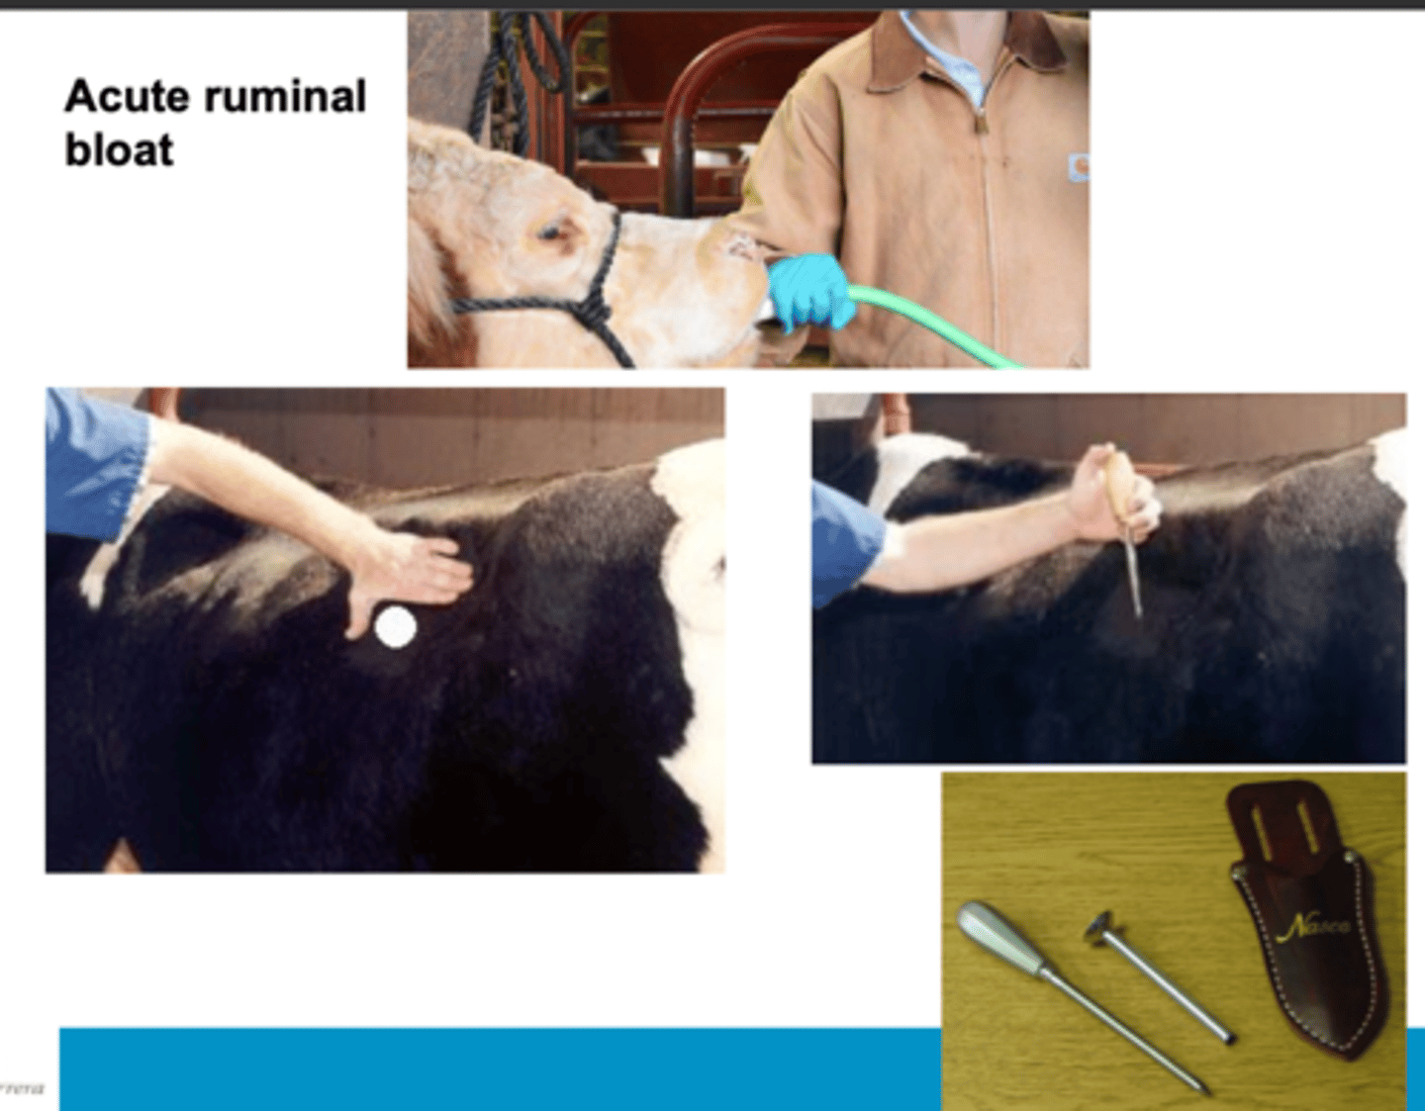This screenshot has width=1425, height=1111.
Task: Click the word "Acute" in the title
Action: pos(126,97)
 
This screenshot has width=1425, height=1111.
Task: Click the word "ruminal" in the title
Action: pos(285,97)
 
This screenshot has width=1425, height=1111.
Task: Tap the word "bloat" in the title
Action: pos(119,150)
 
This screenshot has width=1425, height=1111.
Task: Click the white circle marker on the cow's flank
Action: pos(396,627)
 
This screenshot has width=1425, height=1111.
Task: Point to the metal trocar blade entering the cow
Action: pos(1134,579)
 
